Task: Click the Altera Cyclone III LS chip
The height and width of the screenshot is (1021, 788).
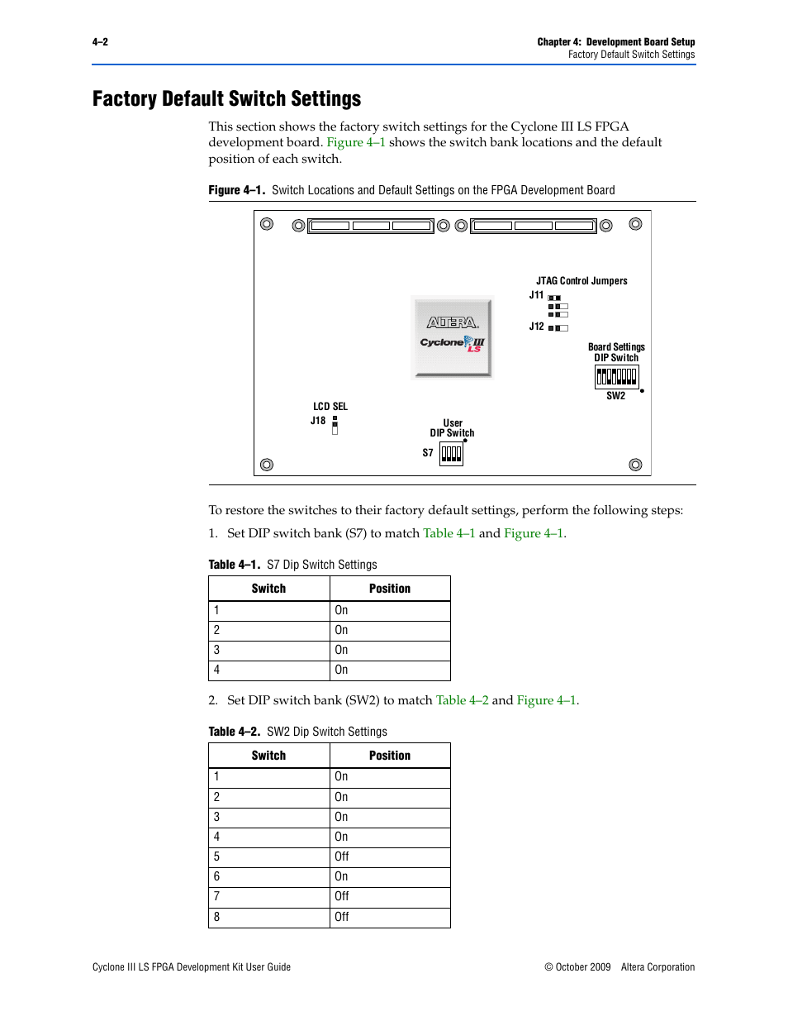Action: pos(452,337)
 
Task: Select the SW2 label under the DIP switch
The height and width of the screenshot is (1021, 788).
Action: pos(615,396)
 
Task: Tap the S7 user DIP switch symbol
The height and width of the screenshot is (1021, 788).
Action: pos(451,453)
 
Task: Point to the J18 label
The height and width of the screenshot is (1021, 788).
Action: pos(318,421)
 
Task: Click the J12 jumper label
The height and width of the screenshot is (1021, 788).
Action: pos(537,327)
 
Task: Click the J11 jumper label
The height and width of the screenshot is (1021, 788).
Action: pos(537,295)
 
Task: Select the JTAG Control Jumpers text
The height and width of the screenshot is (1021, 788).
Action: pos(582,281)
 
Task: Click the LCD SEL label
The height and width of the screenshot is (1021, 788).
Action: pos(330,407)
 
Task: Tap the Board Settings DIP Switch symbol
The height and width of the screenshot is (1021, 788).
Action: pos(616,377)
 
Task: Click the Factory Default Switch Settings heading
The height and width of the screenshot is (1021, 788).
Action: pos(227,99)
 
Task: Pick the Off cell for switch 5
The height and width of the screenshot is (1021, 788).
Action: pos(342,856)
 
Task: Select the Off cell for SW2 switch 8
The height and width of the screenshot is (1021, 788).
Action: pos(342,917)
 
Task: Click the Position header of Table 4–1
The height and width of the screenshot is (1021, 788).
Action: pos(390,589)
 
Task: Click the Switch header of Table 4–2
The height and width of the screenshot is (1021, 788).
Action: pos(268,756)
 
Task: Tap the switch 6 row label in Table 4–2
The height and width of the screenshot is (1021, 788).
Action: pos(217,876)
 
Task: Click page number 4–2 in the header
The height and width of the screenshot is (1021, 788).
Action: pos(100,42)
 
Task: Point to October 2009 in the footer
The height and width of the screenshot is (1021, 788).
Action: pos(583,967)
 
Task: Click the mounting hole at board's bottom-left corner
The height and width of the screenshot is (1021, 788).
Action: pos(267,465)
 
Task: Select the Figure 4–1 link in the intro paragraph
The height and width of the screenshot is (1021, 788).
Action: pos(356,142)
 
